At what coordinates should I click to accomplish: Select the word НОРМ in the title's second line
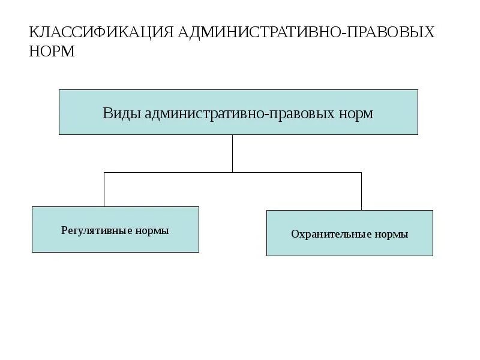52,52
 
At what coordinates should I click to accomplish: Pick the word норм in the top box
357,113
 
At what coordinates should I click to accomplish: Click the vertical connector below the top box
233,153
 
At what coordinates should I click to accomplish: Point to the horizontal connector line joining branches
180,173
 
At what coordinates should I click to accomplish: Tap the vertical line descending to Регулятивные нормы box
104,190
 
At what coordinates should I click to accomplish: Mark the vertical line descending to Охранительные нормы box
361,191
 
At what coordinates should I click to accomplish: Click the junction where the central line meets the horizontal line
233,173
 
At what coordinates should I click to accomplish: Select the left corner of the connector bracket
104,173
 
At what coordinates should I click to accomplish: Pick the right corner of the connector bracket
361,173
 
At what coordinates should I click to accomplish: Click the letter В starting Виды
107,113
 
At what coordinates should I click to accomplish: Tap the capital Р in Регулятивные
64,230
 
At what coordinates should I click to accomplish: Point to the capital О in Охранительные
295,234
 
